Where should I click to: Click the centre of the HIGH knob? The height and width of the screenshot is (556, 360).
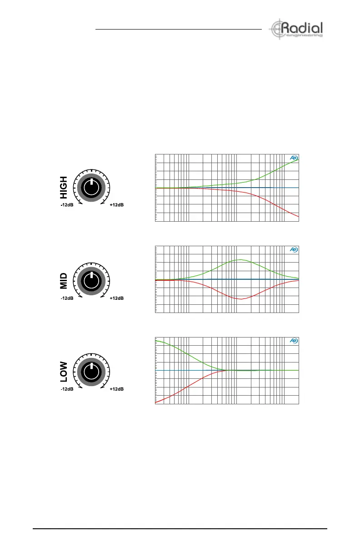click(91, 188)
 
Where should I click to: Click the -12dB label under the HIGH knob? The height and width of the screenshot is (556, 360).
click(67, 205)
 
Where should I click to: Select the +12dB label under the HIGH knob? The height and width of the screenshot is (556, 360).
click(116, 205)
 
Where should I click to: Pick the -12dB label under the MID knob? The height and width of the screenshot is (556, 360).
click(67, 298)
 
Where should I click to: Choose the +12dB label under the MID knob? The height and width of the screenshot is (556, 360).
click(116, 298)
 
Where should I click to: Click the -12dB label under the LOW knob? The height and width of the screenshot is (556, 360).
click(67, 389)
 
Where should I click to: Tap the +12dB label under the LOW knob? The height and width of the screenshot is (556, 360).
click(116, 389)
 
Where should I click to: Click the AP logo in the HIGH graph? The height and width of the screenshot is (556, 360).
click(294, 159)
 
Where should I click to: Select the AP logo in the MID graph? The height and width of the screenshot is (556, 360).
click(294, 250)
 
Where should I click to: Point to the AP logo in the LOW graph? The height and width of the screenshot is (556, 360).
click(294, 341)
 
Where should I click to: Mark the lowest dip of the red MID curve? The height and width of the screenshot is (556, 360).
click(240, 299)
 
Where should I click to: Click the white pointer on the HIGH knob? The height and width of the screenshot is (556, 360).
click(91, 182)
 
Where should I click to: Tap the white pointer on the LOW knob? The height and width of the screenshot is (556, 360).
click(91, 366)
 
